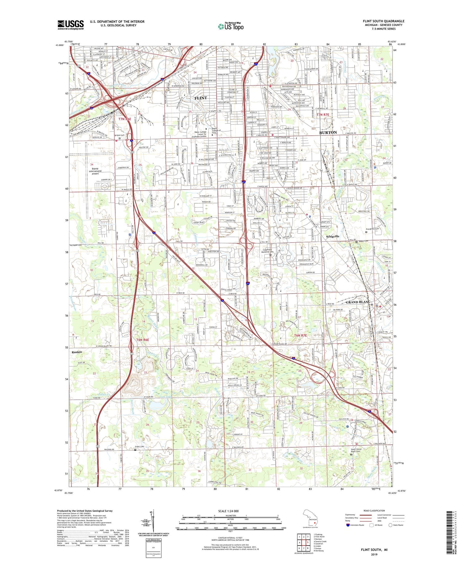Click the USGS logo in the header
pos(71,24)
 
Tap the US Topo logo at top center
pos(230,26)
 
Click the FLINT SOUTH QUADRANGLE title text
pos(383,21)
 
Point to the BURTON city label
pos(328,132)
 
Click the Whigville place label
pos(332,236)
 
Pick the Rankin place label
pos(76,352)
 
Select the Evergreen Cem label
pos(373,229)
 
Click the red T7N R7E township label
pos(323,115)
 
